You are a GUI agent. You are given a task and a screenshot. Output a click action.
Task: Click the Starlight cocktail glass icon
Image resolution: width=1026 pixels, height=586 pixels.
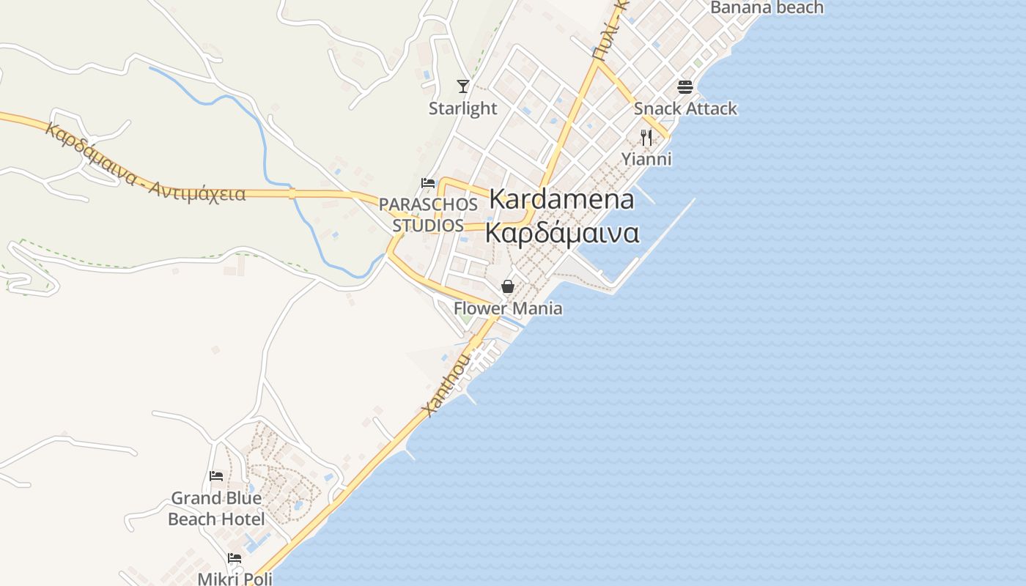[x=462, y=86]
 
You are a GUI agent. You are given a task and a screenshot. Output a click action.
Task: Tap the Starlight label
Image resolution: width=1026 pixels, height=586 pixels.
[x=462, y=108]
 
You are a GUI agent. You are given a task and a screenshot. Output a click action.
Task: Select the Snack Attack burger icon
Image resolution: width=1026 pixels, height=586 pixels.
[x=685, y=87]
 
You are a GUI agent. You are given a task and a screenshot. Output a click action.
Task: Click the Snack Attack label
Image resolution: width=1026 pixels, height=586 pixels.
[x=685, y=108]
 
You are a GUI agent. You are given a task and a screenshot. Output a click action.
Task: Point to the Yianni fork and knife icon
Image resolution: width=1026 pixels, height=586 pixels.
[x=646, y=137]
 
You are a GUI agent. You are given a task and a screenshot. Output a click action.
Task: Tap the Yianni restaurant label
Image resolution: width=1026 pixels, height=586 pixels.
[x=646, y=159]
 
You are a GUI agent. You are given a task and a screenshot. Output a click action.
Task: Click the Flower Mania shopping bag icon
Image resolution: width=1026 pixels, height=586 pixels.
[x=507, y=286]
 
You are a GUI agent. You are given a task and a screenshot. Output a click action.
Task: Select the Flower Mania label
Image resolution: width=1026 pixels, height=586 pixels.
[x=508, y=308]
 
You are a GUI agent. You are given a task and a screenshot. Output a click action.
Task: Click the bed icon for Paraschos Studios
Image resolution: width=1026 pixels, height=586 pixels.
[x=428, y=182]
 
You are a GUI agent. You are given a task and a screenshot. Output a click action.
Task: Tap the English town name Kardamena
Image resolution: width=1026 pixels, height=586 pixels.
[x=561, y=199]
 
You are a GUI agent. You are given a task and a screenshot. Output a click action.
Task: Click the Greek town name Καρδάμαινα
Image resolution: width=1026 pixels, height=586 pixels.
[x=562, y=234]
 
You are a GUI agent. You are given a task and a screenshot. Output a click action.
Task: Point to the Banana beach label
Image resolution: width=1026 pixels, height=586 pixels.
[x=767, y=8]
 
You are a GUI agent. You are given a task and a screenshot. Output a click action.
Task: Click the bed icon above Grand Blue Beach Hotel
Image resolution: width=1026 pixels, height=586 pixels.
[x=216, y=476]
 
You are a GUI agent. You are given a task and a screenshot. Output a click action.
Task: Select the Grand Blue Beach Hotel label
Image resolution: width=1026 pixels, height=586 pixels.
[x=216, y=508]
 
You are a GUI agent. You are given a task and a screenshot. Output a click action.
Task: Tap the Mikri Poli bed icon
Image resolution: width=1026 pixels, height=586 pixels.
[x=235, y=558]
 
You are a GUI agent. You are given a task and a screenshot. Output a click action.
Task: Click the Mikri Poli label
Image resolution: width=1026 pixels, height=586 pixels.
[x=235, y=579]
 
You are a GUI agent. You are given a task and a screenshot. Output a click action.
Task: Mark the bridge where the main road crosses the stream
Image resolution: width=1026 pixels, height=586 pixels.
[x=292, y=194]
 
